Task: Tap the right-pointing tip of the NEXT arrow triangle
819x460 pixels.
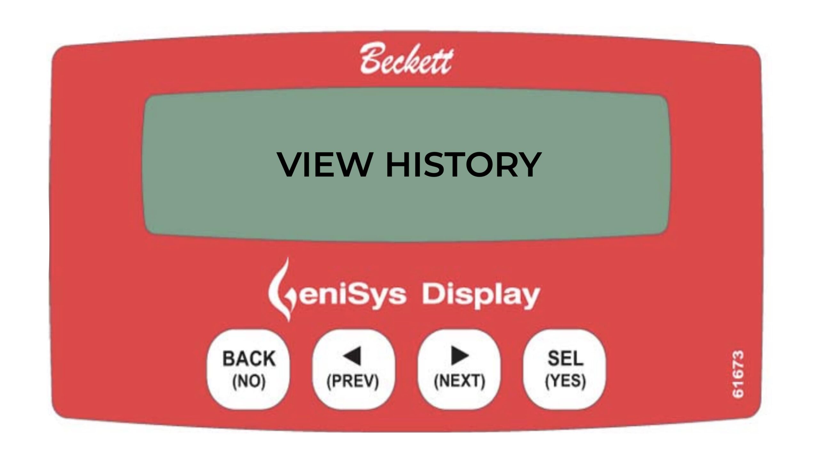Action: click(469, 356)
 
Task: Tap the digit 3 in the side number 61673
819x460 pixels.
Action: click(738, 357)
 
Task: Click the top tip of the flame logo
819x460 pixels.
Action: click(288, 257)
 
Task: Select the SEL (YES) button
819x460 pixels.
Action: click(565, 369)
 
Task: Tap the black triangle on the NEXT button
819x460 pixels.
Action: click(460, 356)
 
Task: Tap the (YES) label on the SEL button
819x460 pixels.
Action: click(565, 380)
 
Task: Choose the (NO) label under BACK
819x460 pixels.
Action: click(249, 381)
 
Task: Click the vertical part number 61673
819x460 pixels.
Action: click(738, 374)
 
